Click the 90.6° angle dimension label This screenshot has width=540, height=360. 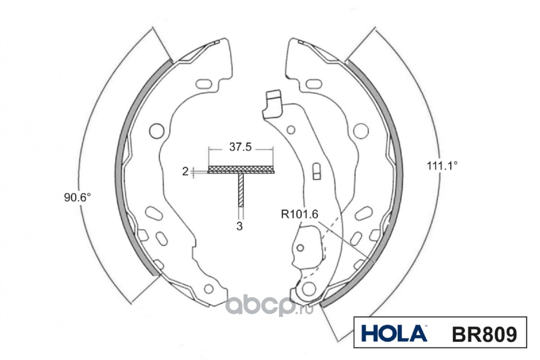coord(77,198)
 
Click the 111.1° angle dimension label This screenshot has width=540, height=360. coord(442,166)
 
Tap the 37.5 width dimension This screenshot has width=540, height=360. coord(240,147)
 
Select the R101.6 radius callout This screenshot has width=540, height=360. coord(300,214)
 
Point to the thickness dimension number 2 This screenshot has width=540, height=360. coord(185,171)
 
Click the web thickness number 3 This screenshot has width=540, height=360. coord(239,226)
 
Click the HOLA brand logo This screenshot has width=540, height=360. coord(394,334)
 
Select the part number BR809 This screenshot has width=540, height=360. coord(485,334)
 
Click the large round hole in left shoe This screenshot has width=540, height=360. coord(157,131)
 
